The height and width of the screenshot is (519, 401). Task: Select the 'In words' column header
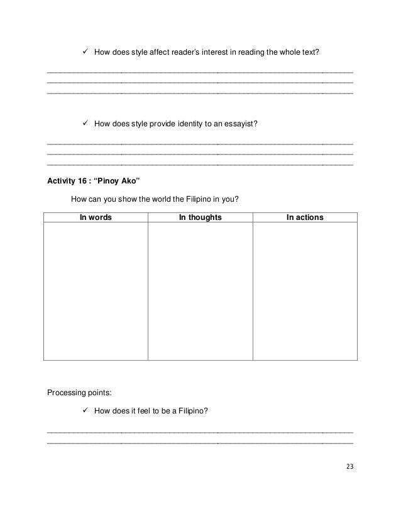pyautogui.click(x=96, y=217)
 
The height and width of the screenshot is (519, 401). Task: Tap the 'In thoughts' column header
pyautogui.click(x=200, y=217)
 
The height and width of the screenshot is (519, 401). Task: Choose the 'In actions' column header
pyautogui.click(x=305, y=217)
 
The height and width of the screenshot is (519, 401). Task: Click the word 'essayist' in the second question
pyautogui.click(x=241, y=124)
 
